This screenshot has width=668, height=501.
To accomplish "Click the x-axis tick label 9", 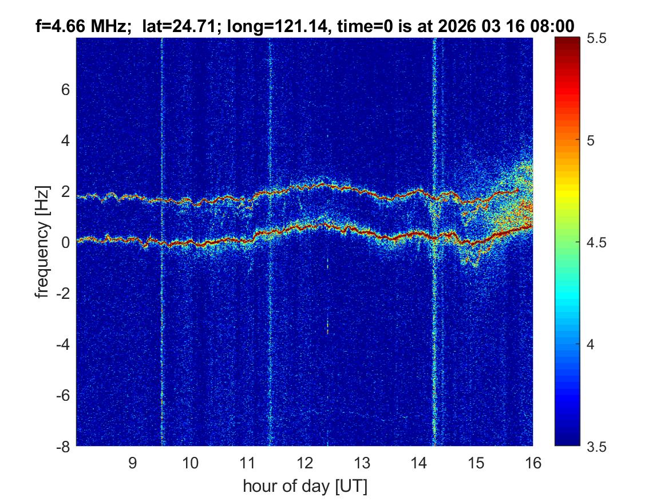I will [x=132, y=463].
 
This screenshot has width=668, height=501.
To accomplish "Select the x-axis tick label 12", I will [x=305, y=463].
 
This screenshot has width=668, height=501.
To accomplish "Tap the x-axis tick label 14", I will [x=418, y=463].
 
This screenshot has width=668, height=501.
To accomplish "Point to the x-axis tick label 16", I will [x=532, y=463].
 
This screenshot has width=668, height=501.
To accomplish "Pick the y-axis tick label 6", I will [x=66, y=90].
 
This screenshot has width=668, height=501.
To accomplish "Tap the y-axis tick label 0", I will [x=66, y=243].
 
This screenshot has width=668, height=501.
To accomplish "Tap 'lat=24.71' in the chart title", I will [x=158, y=25].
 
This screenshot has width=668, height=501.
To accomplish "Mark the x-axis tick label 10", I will [x=190, y=463].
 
